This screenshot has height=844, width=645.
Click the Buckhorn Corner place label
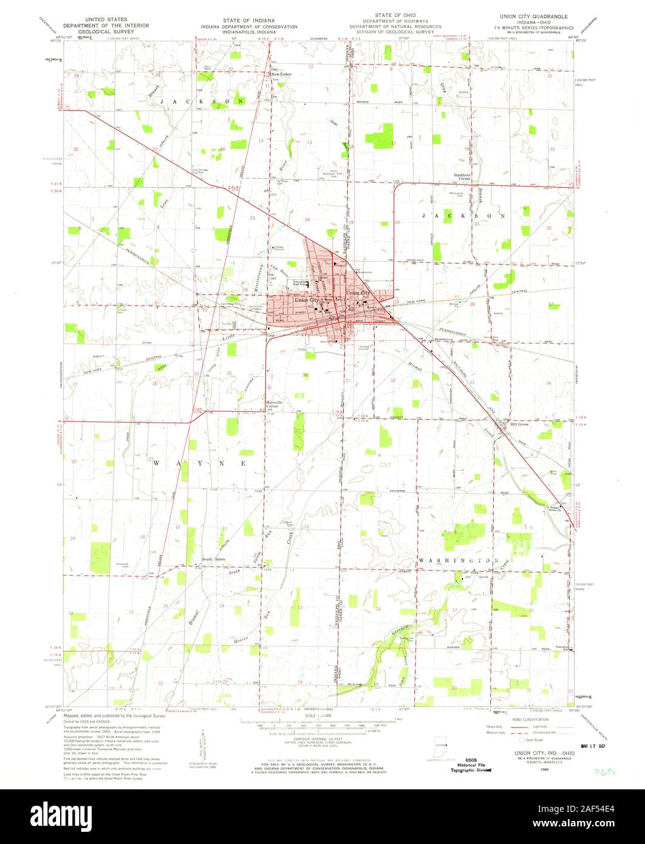[463, 176]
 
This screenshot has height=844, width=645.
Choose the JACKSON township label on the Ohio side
[462, 216]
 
